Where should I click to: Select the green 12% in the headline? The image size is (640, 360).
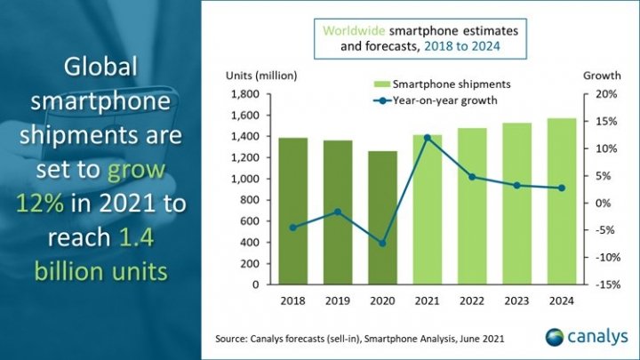tap(38, 203)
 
